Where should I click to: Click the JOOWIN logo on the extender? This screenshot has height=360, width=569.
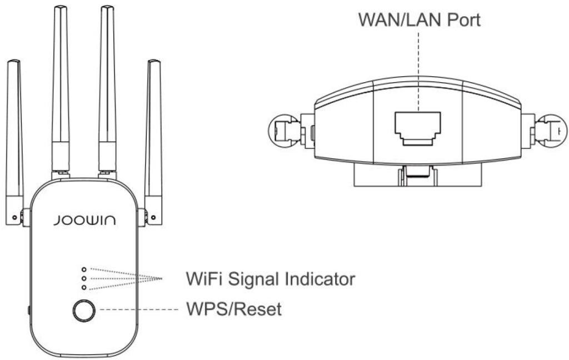click(84, 221)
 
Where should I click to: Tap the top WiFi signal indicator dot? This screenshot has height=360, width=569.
click(84, 269)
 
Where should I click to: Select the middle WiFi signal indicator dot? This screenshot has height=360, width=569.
click(84, 278)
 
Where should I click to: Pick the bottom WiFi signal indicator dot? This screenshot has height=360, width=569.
click(84, 287)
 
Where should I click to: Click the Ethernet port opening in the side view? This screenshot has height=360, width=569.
click(418, 128)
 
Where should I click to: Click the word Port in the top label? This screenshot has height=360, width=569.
click(463, 20)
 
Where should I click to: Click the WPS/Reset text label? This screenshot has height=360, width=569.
click(234, 309)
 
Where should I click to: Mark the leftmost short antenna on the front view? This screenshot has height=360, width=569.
click(14, 142)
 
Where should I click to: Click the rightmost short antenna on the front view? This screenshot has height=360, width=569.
click(153, 142)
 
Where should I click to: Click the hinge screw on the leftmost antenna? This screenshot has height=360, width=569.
click(14, 218)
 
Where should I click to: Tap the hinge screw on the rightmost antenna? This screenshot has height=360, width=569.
click(153, 218)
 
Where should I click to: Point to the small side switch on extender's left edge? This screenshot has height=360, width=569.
click(29, 311)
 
